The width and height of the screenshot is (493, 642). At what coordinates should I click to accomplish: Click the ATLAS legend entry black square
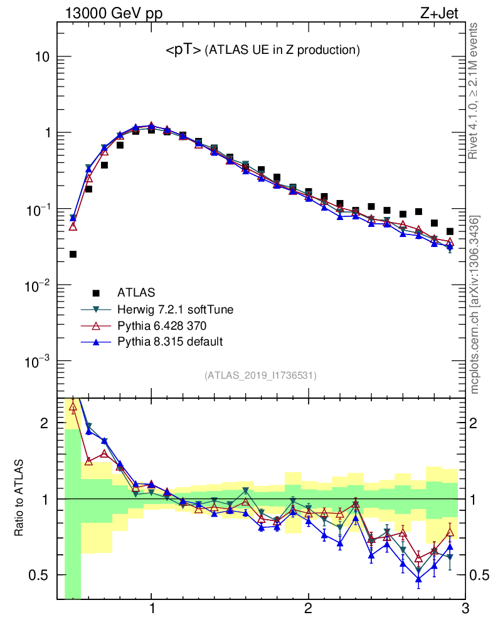click(96, 292)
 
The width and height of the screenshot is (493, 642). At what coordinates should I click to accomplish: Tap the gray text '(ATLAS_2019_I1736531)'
click(260, 376)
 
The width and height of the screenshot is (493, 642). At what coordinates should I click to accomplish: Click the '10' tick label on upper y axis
click(41, 57)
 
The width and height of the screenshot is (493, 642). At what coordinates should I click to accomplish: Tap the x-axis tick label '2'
click(308, 609)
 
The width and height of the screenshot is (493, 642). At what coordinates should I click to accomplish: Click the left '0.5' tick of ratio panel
click(39, 575)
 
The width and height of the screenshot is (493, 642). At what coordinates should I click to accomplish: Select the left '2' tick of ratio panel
click(45, 423)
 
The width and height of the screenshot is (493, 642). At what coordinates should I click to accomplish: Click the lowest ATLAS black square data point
click(73, 254)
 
